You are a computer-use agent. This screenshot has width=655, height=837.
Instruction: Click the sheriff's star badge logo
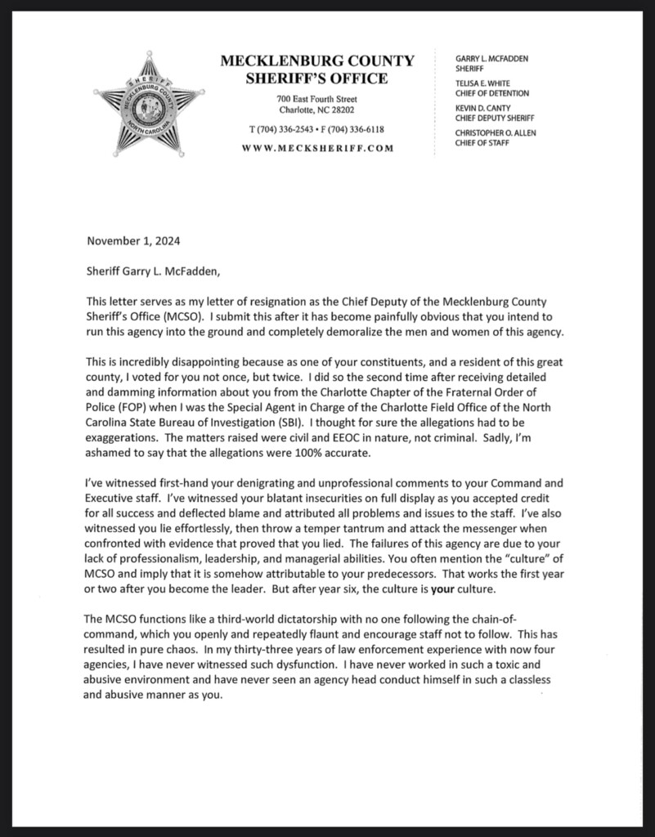click(148, 104)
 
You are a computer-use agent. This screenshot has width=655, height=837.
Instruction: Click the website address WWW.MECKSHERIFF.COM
click(317, 148)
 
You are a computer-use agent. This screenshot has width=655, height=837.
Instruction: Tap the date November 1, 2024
click(133, 241)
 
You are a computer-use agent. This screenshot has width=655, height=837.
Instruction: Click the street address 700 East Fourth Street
click(316, 99)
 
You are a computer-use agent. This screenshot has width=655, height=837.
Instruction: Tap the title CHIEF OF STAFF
click(482, 143)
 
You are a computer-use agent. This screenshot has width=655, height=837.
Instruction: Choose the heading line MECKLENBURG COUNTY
click(317, 61)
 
